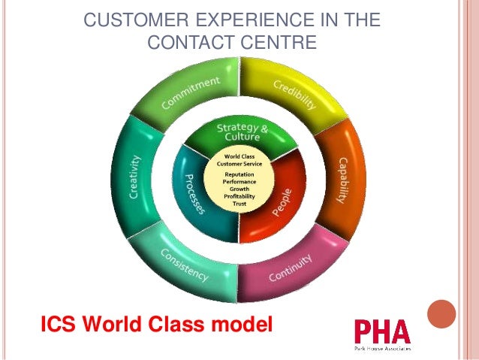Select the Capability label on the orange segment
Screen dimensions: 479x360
342,180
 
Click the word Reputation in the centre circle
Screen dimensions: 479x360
239,174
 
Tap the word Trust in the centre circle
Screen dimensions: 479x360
239,204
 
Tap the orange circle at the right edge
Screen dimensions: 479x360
441,314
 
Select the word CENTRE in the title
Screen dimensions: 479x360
279,43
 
